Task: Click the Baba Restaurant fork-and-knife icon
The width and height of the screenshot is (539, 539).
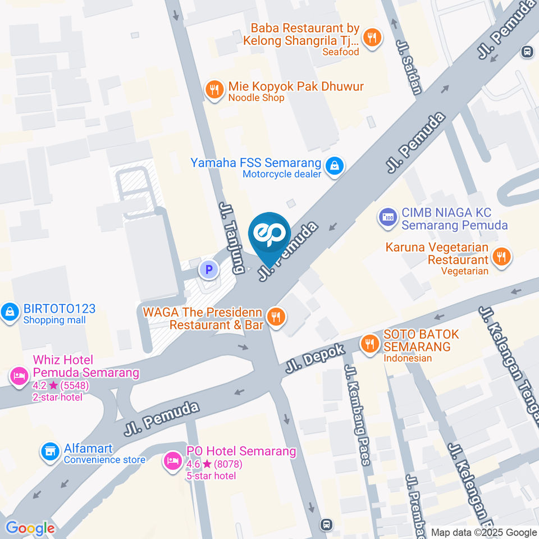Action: click(371, 38)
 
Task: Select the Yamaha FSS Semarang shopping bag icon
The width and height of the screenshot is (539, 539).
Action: click(335, 166)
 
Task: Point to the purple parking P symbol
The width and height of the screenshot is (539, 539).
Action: click(209, 271)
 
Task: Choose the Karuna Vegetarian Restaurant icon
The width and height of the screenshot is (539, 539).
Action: click(500, 257)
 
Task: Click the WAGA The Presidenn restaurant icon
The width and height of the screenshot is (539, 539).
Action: click(275, 317)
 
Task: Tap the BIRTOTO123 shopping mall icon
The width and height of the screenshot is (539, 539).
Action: click(10, 312)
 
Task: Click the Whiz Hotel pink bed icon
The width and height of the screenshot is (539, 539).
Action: click(19, 376)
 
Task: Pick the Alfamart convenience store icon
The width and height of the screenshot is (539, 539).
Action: click(51, 452)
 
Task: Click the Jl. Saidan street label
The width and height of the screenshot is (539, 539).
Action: click(408, 67)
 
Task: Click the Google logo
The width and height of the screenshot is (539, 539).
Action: click(30, 528)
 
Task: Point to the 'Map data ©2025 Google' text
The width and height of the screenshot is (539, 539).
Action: click(484, 532)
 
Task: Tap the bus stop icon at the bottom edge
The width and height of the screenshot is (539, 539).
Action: click(326, 525)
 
